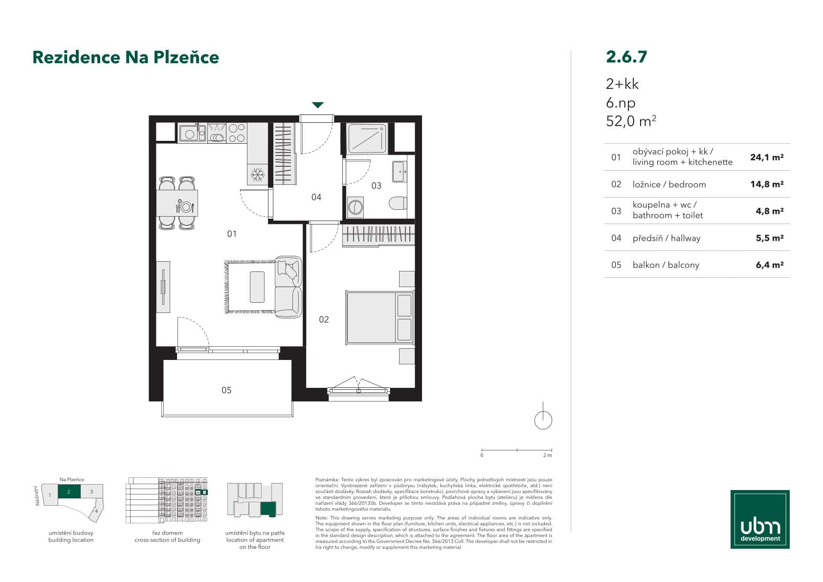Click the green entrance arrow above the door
318,105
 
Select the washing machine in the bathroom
355,207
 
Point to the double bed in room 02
379,317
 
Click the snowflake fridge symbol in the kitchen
257,174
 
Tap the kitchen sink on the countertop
188,133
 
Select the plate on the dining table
186,207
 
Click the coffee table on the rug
257,287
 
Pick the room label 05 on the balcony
226,390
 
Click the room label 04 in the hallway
316,197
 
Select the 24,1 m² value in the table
766,157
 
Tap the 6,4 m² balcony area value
769,265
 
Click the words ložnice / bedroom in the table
669,184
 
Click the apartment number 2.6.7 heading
626,57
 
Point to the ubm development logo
760,519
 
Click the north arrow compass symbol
543,419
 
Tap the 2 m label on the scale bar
547,455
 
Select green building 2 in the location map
69,492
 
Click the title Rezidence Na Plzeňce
126,57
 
